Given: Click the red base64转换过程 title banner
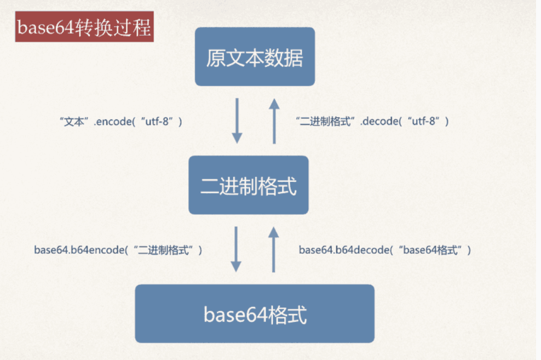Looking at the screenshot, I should pos(84,28).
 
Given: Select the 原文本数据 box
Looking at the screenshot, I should pos(255,57).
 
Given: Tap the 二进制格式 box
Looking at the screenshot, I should pos(249,185).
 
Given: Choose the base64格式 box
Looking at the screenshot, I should pos(255,314).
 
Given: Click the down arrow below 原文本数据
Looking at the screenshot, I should pos(237,121).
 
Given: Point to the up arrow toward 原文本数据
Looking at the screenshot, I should pos(274,121).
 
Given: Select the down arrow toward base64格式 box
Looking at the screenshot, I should pos(236,249).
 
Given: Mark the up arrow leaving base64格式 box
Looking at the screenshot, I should pos(274,249).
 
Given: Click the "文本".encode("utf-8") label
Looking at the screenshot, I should pos(120,122).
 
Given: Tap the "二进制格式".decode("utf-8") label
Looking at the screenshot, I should pos(372,122).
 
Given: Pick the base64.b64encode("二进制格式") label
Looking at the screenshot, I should pos(118,250).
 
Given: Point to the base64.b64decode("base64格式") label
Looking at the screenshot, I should pos(385,250).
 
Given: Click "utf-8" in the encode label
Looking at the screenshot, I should pos(158,122).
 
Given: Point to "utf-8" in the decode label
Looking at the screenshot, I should pos(425,122).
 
